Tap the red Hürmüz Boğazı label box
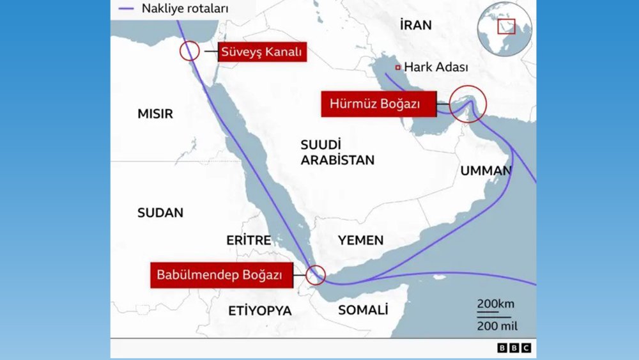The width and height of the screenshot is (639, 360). pyautogui.click(x=379, y=104)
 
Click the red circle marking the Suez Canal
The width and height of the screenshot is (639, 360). pyautogui.click(x=190, y=51)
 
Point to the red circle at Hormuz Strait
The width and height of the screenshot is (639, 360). pyautogui.click(x=468, y=104)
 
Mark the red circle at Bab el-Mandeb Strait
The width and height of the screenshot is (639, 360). pyautogui.click(x=316, y=275)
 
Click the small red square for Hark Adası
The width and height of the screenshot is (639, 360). pyautogui.click(x=397, y=67)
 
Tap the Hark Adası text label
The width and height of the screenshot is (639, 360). pyautogui.click(x=436, y=67)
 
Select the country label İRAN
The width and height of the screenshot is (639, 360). pyautogui.click(x=415, y=26)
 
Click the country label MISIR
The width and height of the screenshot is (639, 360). pyautogui.click(x=155, y=114)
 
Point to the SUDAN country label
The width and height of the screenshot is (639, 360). pyautogui.click(x=160, y=213)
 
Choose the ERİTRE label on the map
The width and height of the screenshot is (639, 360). pyautogui.click(x=249, y=240)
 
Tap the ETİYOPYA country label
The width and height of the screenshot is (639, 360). pyautogui.click(x=260, y=311)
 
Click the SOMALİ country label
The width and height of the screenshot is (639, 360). pyautogui.click(x=363, y=310)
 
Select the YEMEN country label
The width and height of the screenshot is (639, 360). pyautogui.click(x=361, y=240)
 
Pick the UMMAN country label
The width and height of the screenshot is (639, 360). pyautogui.click(x=486, y=171)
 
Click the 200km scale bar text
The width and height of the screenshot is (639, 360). pyautogui.click(x=495, y=303)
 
